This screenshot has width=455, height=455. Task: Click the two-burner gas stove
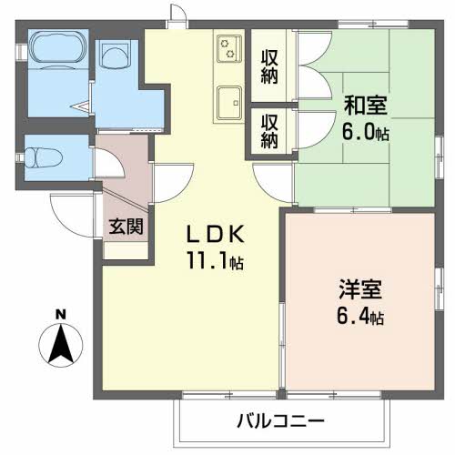point(227,48)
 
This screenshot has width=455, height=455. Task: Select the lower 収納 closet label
point(270,129)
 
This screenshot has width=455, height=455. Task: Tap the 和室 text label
point(365,104)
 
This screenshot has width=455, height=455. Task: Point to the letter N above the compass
point(60,315)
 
